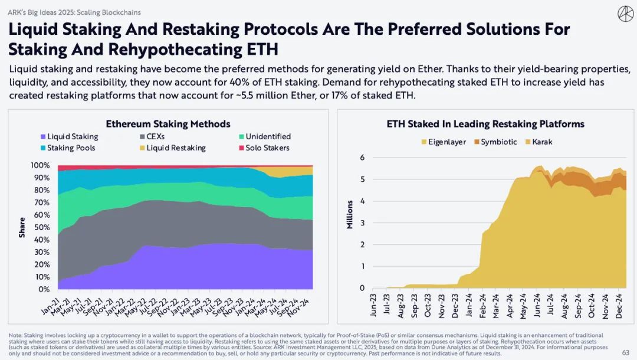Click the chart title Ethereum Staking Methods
[168, 124]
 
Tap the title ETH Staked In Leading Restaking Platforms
[485, 124]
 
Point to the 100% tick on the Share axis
[40, 165]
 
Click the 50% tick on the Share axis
[42, 227]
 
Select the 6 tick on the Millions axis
[363, 158]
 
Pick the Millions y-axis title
[350, 215]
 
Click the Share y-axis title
[22, 227]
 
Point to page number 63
[626, 352]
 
